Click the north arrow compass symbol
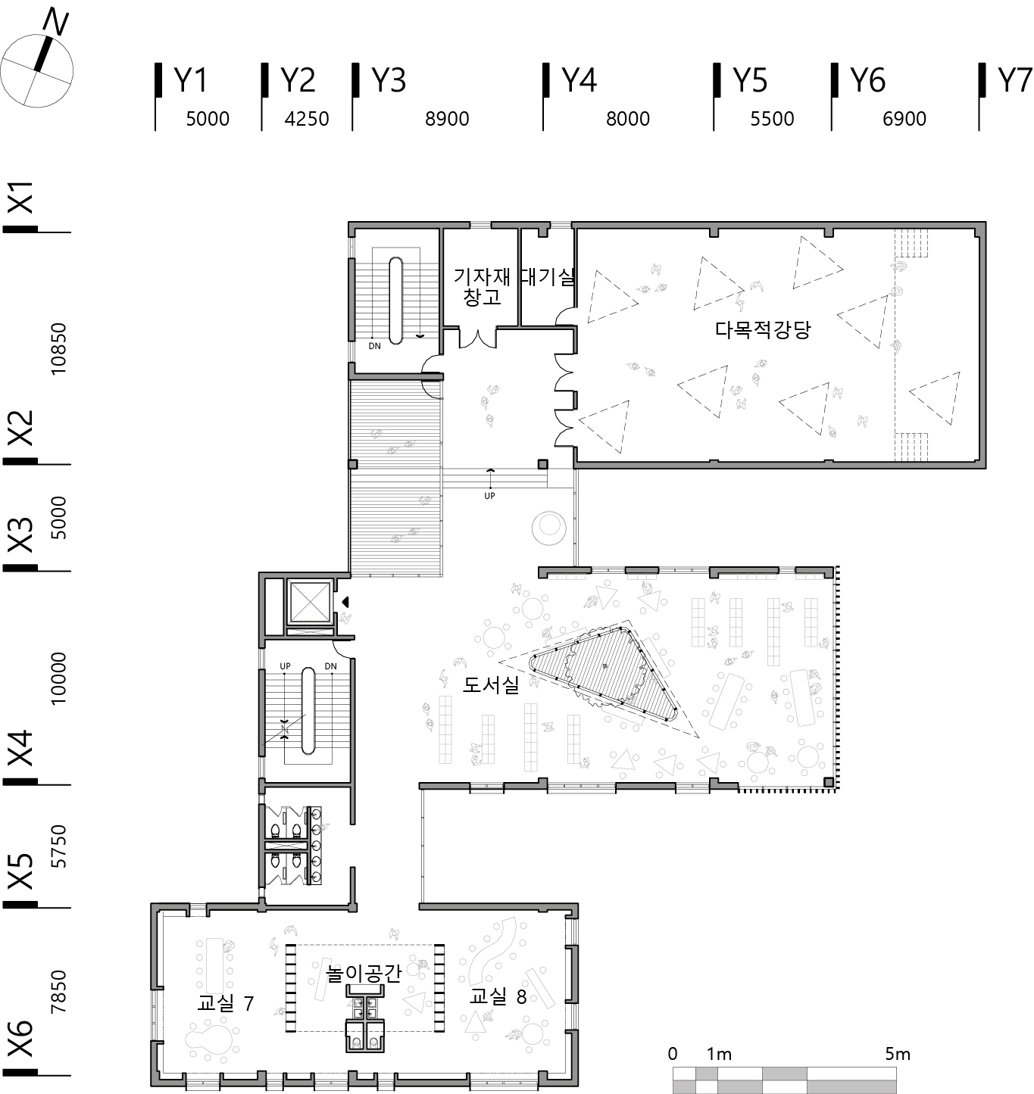pos(37,61)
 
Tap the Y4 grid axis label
pos(579,80)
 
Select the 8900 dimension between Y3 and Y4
pos(447,119)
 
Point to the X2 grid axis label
pos(21,428)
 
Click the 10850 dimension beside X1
pos(58,349)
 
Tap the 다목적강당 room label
pos(763,330)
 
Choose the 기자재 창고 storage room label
pos(483,286)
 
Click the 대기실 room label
pos(548,276)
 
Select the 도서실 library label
pos(491,684)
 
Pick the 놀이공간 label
pos(364,973)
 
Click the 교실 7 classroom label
pos(226,1003)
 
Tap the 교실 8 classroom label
pos(498,996)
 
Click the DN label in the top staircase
pos(375,347)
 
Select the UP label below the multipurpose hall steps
pos(489,496)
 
